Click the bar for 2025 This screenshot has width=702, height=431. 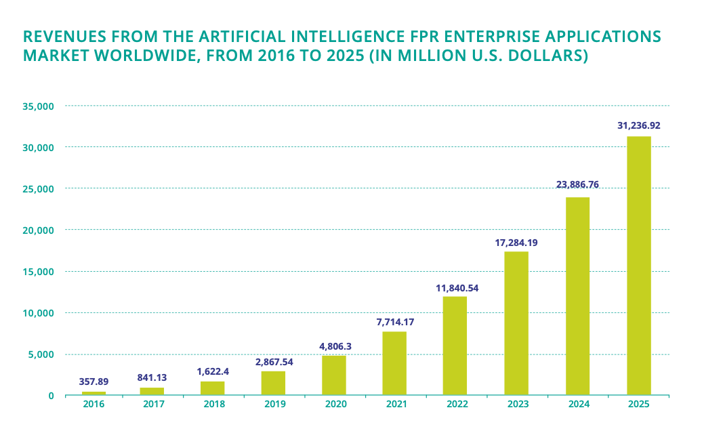coord(638,266)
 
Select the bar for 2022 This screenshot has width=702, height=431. coord(455,346)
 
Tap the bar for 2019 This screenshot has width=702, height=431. coord(273,383)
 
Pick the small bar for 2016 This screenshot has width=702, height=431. coord(94,393)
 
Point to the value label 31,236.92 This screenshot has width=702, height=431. coord(638,125)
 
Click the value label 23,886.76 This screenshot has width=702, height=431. coord(577,184)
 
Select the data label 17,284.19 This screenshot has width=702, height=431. coord(516,242)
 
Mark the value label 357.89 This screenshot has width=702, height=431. coord(94,382)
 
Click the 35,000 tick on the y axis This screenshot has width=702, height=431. coord(39,106)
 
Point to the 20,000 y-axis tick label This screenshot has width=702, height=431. coord(39,230)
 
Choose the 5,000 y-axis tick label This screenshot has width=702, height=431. coord(42,354)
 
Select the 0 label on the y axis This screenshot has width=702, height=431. coord(51,396)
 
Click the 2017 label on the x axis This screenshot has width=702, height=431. coord(154,404)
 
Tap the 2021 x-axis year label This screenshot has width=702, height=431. coord(396,404)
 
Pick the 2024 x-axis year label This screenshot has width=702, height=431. coord(577,404)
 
